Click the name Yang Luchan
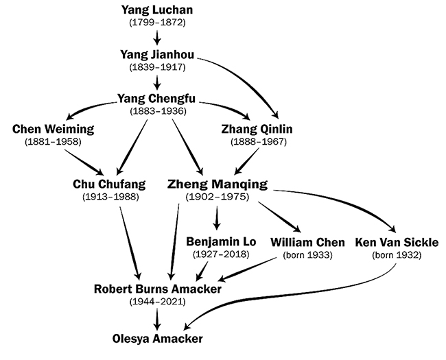[x=158, y=10]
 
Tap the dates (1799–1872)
[x=158, y=23]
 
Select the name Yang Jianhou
[x=158, y=54]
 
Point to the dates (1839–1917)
[x=158, y=67]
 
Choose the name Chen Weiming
[x=53, y=128]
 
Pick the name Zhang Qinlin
[x=255, y=128]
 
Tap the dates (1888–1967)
[x=255, y=142]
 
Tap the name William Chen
[x=307, y=242]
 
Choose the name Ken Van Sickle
[x=397, y=242]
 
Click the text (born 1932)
[x=397, y=255]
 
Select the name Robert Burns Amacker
[x=158, y=289]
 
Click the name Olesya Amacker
[x=158, y=339]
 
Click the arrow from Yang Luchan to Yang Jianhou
[x=158, y=36]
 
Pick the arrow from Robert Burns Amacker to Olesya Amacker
[x=158, y=318]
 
